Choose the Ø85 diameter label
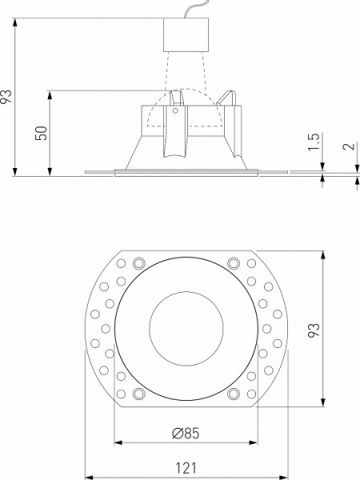[x=185, y=434]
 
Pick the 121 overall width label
[x=185, y=467]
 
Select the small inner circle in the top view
[x=185, y=328]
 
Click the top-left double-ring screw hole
[x=138, y=262]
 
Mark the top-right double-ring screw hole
[x=233, y=262]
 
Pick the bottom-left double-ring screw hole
[x=138, y=394]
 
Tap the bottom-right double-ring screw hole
[x=233, y=394]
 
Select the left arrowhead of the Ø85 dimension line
[x=118, y=442]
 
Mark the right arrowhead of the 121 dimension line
[x=282, y=474]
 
